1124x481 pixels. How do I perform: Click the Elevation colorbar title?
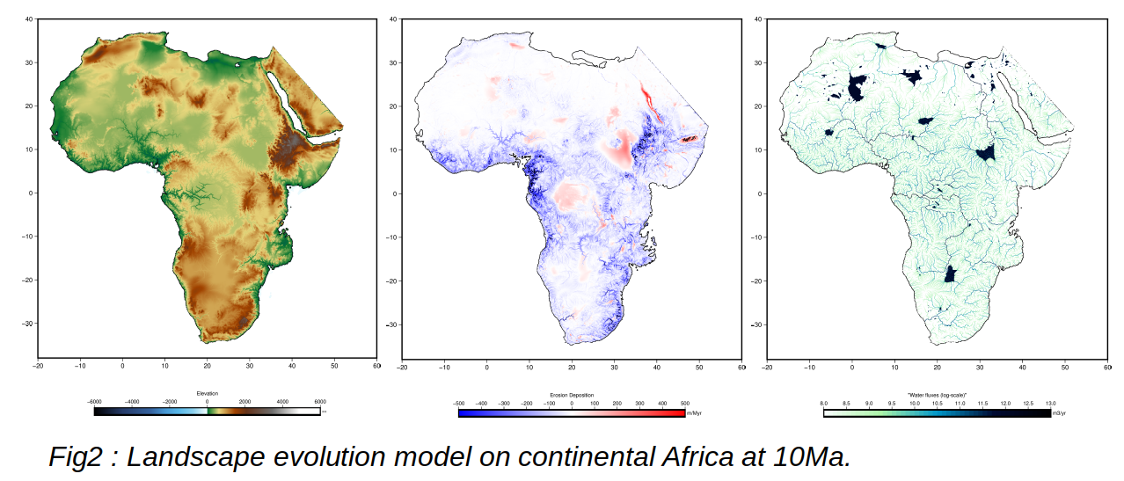pos(207,393)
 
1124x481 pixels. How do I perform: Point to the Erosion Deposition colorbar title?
pos(572,395)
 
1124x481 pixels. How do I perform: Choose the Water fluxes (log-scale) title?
pos(937,395)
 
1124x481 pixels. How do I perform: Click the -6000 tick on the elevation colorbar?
pos(94,402)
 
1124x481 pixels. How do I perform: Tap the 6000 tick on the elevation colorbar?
pos(320,402)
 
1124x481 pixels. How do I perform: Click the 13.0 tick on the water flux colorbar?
pos(1050,403)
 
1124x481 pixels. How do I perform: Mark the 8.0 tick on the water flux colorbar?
pos(824,403)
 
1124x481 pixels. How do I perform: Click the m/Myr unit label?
pos(693,412)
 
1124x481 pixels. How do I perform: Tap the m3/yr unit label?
pos(1059,412)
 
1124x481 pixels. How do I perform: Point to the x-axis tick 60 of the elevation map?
pos(376,366)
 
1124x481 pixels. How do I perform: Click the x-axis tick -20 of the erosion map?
pos(402,366)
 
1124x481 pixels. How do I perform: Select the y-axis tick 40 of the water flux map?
pos(757,18)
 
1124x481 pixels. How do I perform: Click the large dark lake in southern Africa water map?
pos(950,273)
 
